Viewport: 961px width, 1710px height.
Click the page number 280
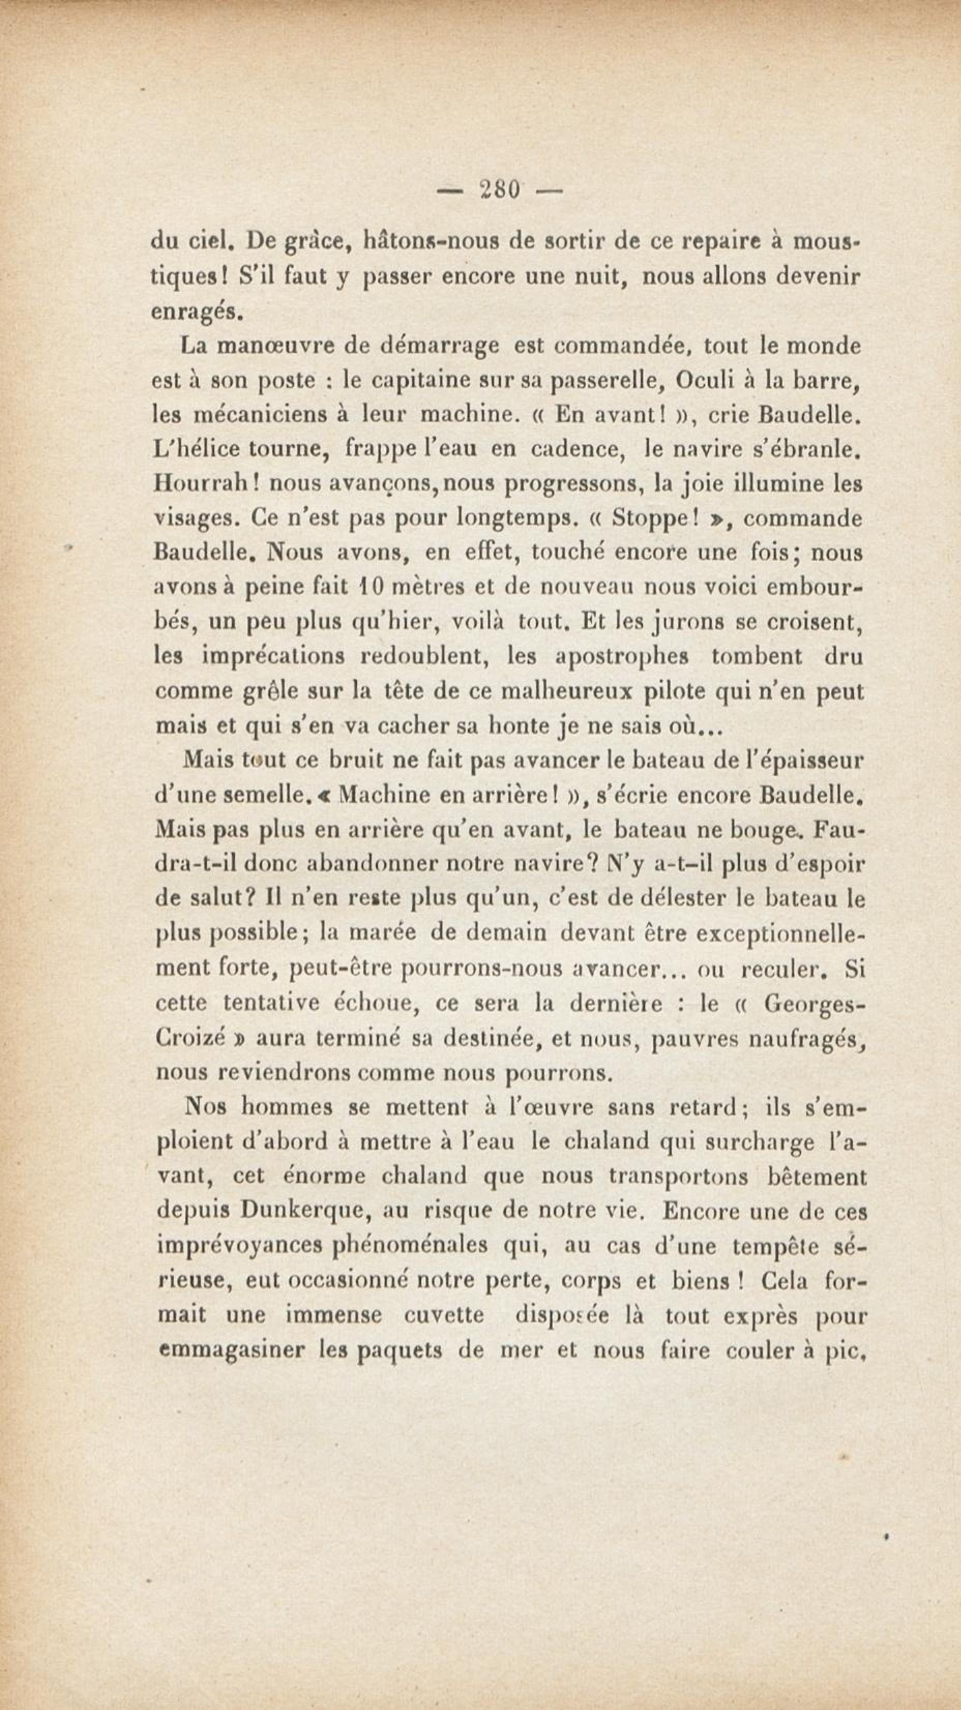(499, 190)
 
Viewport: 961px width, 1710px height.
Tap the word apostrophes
(622, 657)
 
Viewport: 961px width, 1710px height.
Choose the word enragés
(192, 313)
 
